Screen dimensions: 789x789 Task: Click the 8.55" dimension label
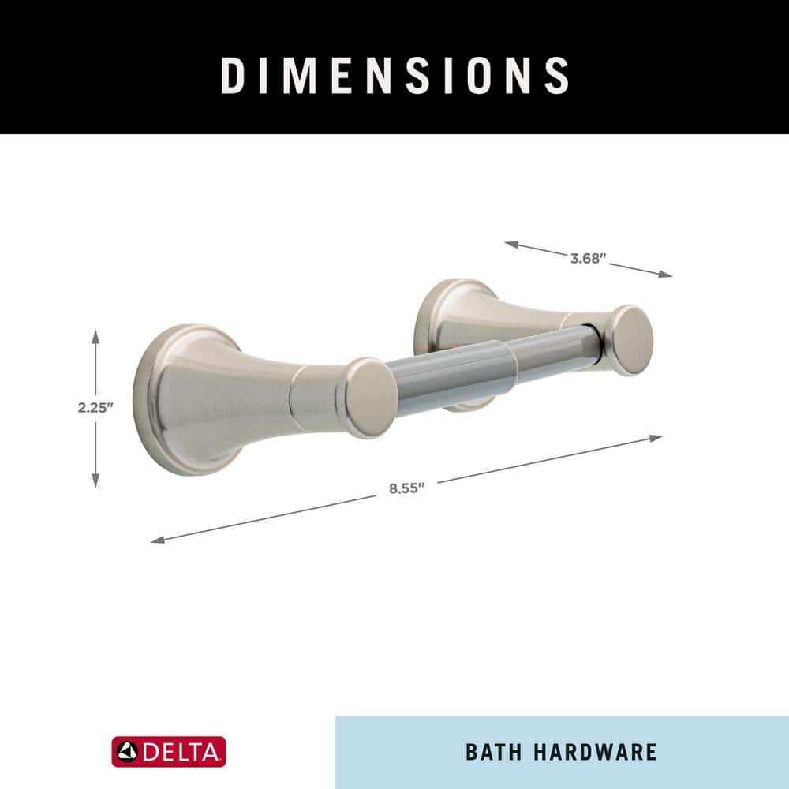[406, 488]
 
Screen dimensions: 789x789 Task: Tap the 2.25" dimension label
[95, 408]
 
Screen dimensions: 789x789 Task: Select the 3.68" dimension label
[589, 259]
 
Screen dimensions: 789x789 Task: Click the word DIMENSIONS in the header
[395, 75]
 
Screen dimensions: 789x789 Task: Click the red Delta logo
[169, 752]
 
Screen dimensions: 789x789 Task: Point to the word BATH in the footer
[494, 752]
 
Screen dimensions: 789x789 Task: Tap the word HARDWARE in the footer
[595, 752]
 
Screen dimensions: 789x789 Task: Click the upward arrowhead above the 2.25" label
[95, 336]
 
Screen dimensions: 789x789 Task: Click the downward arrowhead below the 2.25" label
[95, 481]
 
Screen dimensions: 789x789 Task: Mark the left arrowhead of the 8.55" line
[158, 540]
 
